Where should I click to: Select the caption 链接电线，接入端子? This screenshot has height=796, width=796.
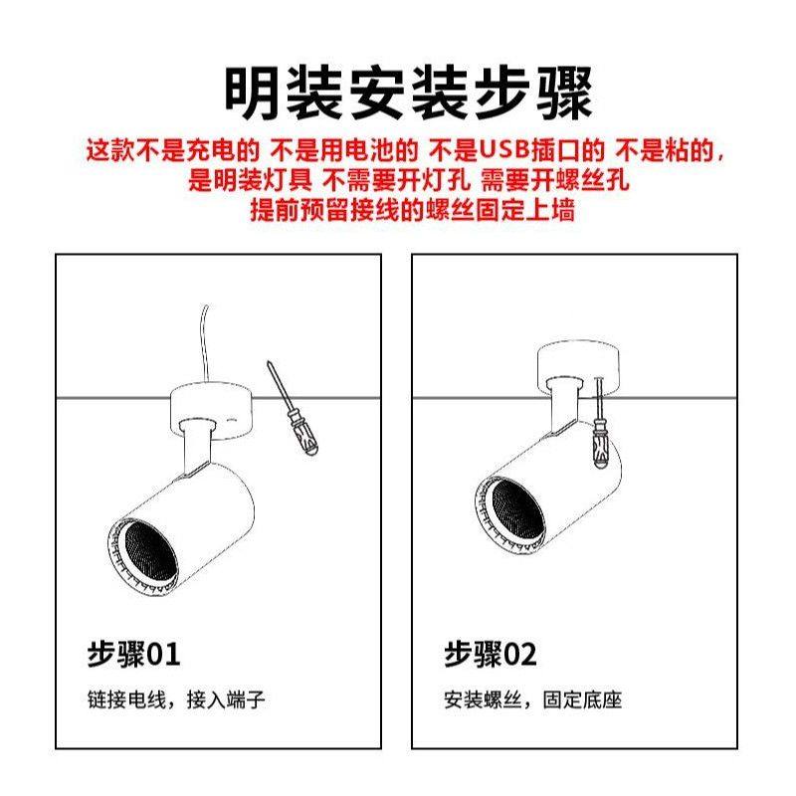pyautogui.click(x=176, y=700)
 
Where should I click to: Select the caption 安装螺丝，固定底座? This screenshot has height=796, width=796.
pyautogui.click(x=533, y=700)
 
